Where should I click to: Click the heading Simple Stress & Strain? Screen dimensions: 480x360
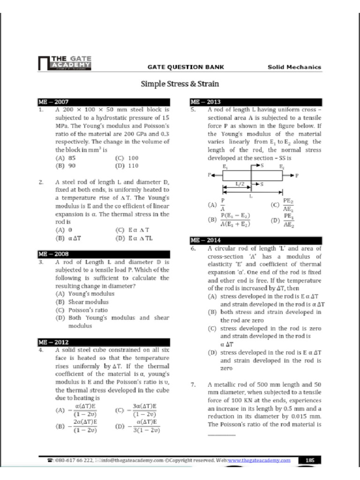[180, 84]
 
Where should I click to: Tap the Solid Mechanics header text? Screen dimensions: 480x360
[294, 67]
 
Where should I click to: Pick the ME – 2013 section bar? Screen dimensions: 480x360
[256, 102]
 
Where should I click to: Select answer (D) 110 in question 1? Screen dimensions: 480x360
[127, 166]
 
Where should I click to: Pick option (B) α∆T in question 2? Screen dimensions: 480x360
[69, 238]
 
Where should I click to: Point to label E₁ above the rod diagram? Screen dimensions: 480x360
[225, 166]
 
